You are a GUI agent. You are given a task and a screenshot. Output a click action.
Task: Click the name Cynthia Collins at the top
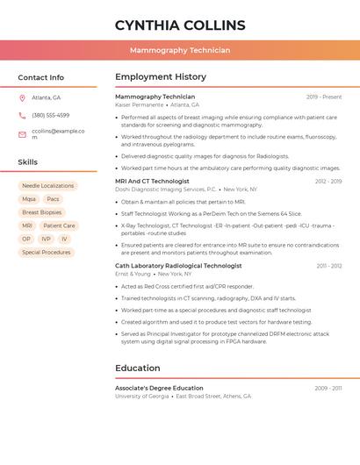pos(179,25)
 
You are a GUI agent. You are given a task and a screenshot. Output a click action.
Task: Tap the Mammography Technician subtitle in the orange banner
pos(179,50)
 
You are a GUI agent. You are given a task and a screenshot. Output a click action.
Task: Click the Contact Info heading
pos(40,77)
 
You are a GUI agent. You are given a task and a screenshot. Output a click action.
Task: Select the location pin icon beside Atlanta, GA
pos(22,97)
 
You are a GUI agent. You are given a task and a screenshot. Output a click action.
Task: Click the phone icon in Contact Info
pos(22,115)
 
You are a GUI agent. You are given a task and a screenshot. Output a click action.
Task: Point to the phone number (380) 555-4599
pos(50,115)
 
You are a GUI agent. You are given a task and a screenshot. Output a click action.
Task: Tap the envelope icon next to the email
pos(22,133)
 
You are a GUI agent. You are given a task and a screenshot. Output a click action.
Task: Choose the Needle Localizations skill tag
pos(47,186)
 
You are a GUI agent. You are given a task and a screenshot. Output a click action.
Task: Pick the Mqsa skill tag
pos(29,199)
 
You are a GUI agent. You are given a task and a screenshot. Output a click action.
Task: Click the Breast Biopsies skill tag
pos(41,212)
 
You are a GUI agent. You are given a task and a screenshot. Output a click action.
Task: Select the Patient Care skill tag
pos(59,225)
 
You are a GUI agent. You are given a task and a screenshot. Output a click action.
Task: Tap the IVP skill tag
pos(46,239)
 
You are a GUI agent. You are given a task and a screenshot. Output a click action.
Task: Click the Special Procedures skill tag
pos(46,252)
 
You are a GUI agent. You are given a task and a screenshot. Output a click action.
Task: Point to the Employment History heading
pos(161,77)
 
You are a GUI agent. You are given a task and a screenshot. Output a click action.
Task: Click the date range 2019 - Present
pos(324,97)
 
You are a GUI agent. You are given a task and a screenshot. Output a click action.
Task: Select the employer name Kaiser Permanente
pos(139,104)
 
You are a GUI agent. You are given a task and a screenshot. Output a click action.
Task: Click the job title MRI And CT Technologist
pos(152,181)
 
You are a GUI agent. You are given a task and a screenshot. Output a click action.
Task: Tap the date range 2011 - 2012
pos(329,265)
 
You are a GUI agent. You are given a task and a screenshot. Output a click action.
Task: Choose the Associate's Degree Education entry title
pos(159,388)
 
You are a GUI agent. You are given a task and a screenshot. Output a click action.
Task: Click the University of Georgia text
pos(141,396)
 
